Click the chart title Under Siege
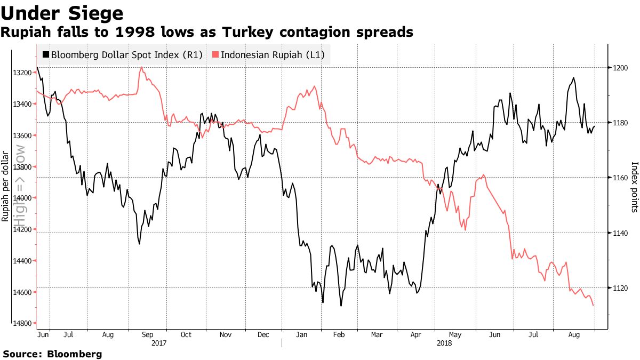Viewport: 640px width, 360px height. pos(62,12)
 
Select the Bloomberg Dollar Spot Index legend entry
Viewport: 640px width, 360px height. pos(123,54)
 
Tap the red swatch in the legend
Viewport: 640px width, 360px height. pos(215,54)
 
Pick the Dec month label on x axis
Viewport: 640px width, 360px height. pos(263,335)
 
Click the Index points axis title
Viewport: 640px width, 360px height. pos(634,187)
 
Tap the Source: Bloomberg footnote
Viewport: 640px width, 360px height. pos(52,354)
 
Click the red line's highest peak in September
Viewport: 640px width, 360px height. pos(141,68)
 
